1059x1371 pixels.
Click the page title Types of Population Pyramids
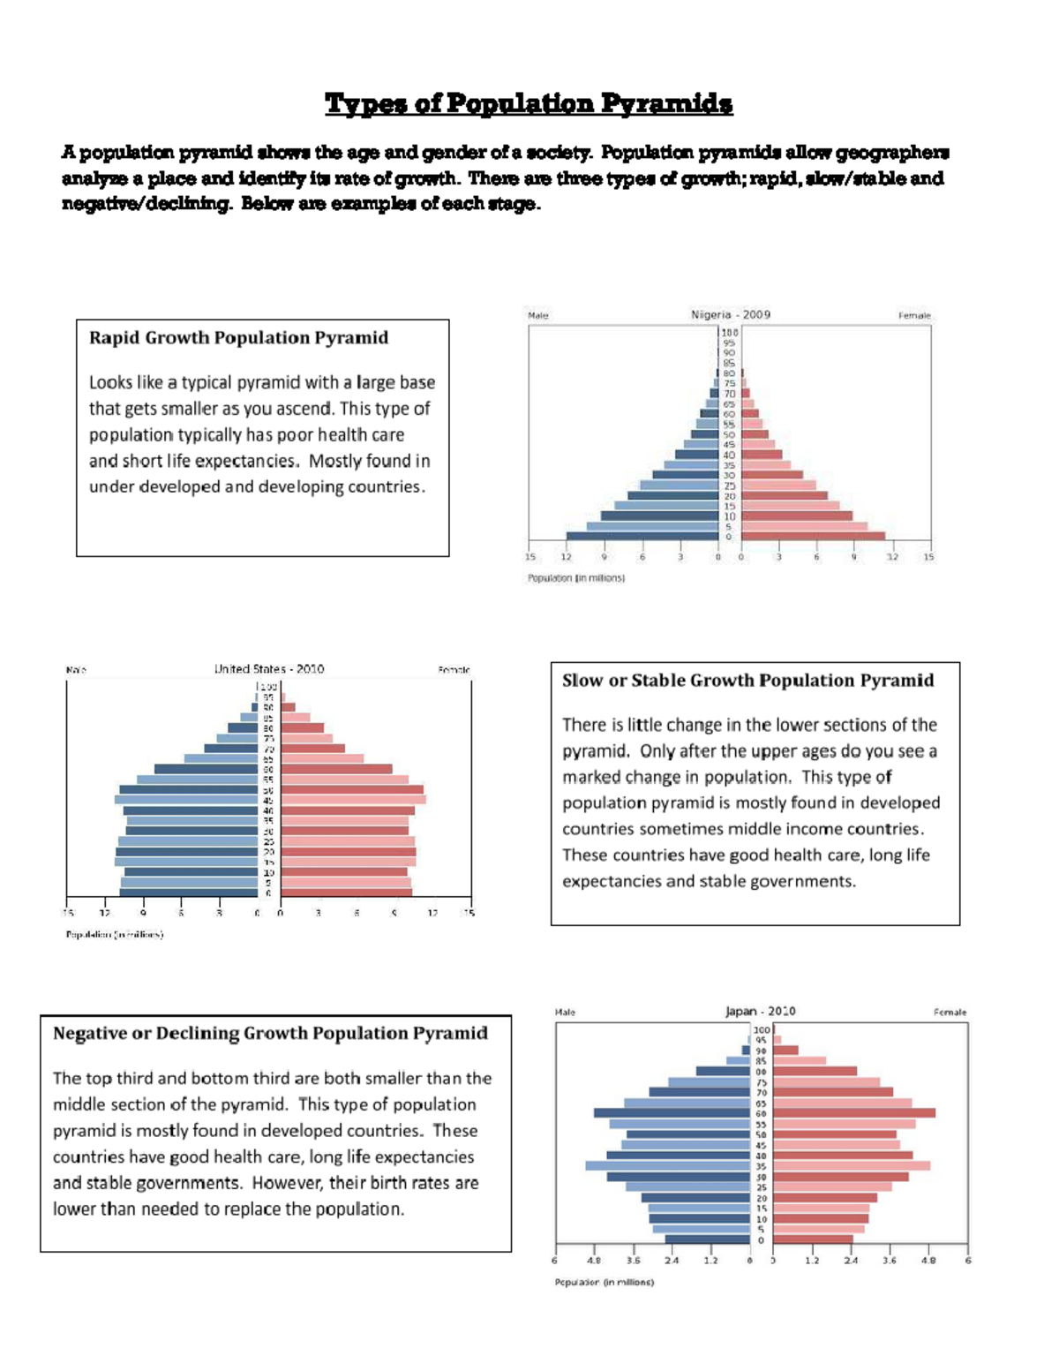pyautogui.click(x=528, y=104)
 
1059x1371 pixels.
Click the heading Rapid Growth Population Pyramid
pyautogui.click(x=238, y=338)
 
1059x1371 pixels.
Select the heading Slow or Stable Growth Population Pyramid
pyautogui.click(x=747, y=681)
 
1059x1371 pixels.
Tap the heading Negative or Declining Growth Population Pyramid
pyautogui.click(x=270, y=1034)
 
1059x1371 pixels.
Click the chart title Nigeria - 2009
pyautogui.click(x=730, y=314)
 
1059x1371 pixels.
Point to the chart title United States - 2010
pyautogui.click(x=269, y=669)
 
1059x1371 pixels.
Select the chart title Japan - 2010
pyautogui.click(x=760, y=1012)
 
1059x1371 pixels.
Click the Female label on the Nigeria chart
pyautogui.click(x=914, y=315)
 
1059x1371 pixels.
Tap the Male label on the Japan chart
pyautogui.click(x=565, y=1013)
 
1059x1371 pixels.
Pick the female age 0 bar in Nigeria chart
pyautogui.click(x=813, y=536)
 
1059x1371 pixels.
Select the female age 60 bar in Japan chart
pyautogui.click(x=853, y=1113)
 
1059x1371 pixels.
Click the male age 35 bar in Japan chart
pyautogui.click(x=667, y=1166)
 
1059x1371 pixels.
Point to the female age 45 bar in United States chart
pyautogui.click(x=353, y=800)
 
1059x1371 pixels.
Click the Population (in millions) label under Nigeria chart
pyautogui.click(x=575, y=578)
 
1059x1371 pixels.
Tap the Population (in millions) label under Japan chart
pyautogui.click(x=604, y=1282)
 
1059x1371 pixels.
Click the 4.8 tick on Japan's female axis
pyautogui.click(x=928, y=1261)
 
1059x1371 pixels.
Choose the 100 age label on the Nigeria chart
pyautogui.click(x=730, y=333)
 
